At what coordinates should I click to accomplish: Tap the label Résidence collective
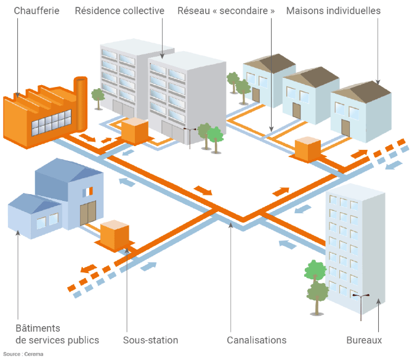pyautogui.click(x=119, y=11)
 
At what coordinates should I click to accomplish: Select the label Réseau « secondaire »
pyautogui.click(x=226, y=11)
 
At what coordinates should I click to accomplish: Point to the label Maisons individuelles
pyautogui.click(x=333, y=11)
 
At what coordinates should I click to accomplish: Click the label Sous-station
pyautogui.click(x=150, y=340)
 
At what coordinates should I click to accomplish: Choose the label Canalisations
pyautogui.click(x=256, y=340)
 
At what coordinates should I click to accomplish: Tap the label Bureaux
pyautogui.click(x=364, y=340)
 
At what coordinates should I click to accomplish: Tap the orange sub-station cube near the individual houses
pyautogui.click(x=308, y=149)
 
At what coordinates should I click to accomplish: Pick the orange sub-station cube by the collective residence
pyautogui.click(x=134, y=130)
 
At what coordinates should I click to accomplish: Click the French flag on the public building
pyautogui.click(x=89, y=192)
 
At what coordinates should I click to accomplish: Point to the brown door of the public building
pyautogui.click(x=88, y=213)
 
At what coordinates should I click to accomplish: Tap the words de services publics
pyautogui.click(x=57, y=340)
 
